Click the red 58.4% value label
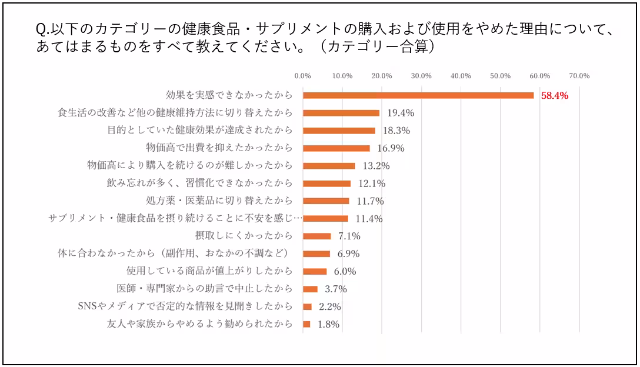point(554,95)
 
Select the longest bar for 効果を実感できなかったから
point(418,95)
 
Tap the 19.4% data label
point(400,113)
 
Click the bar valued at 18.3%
point(339,131)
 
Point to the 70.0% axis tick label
point(579,76)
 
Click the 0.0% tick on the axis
point(302,76)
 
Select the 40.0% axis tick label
point(461,76)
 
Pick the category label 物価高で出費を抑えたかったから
point(219,148)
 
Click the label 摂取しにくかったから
point(244,236)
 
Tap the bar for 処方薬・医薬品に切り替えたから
point(326,201)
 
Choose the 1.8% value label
point(328,324)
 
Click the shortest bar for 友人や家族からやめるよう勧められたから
point(306,324)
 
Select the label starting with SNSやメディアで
point(185,306)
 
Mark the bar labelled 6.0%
point(315,271)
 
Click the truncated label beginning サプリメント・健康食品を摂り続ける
point(175,218)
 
